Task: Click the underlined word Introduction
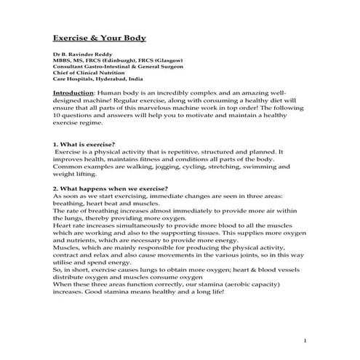tap(75, 93)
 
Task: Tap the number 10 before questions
tap(57, 115)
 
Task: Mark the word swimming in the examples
tap(257, 166)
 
